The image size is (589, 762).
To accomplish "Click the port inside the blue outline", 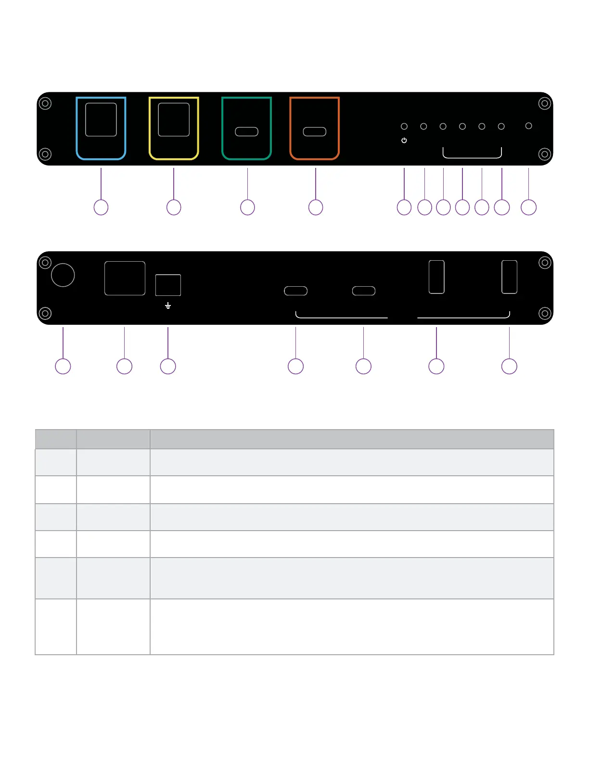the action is pos(101,120).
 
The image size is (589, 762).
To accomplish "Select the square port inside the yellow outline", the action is pos(174,120).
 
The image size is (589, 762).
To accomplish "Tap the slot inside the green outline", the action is pos(247,132).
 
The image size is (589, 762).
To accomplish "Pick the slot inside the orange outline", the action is pos(315,132).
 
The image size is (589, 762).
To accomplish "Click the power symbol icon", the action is pos(404,140).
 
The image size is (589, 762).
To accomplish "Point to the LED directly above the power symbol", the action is pos(404,127).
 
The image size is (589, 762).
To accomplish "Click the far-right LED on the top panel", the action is pos(528,126).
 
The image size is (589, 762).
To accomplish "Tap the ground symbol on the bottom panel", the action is pos(168,306).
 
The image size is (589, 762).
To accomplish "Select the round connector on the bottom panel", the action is pos(63,275).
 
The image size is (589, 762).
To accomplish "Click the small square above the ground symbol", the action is pos(168,285).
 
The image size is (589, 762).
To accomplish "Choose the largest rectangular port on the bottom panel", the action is pos(125,279).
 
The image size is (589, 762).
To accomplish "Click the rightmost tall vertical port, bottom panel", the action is pos(509,277).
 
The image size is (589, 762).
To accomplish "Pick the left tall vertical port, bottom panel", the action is pos(436,277).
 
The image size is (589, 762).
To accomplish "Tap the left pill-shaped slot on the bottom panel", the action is pos(296,291).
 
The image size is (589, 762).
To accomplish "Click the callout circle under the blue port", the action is pos(101,207).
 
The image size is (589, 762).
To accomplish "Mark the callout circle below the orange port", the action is pos(316,207).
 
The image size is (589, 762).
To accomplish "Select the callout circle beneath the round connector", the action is pos(63,367).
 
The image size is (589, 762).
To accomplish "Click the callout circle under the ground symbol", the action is pos(168,367).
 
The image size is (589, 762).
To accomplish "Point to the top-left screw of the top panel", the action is pos(45,103).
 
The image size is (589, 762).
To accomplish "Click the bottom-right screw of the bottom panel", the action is pos(545,314).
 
